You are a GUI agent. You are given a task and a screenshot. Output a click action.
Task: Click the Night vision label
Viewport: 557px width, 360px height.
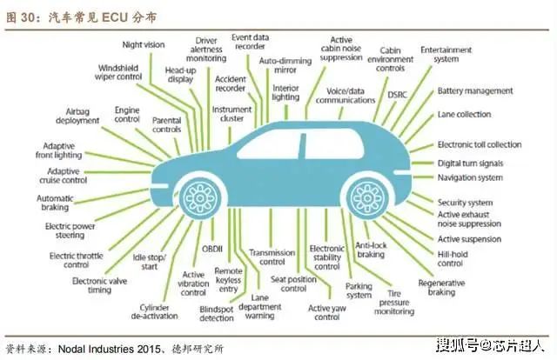143,43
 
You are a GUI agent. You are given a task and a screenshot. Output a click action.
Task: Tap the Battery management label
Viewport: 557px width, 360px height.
474,90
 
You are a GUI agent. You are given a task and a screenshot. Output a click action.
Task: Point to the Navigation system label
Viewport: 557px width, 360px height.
469,178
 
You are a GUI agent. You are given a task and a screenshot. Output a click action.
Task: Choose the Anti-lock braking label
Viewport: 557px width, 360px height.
371,250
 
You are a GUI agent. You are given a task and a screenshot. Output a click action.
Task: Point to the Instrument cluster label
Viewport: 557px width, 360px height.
232,114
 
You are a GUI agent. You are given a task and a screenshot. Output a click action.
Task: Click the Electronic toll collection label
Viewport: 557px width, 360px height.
479,145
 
